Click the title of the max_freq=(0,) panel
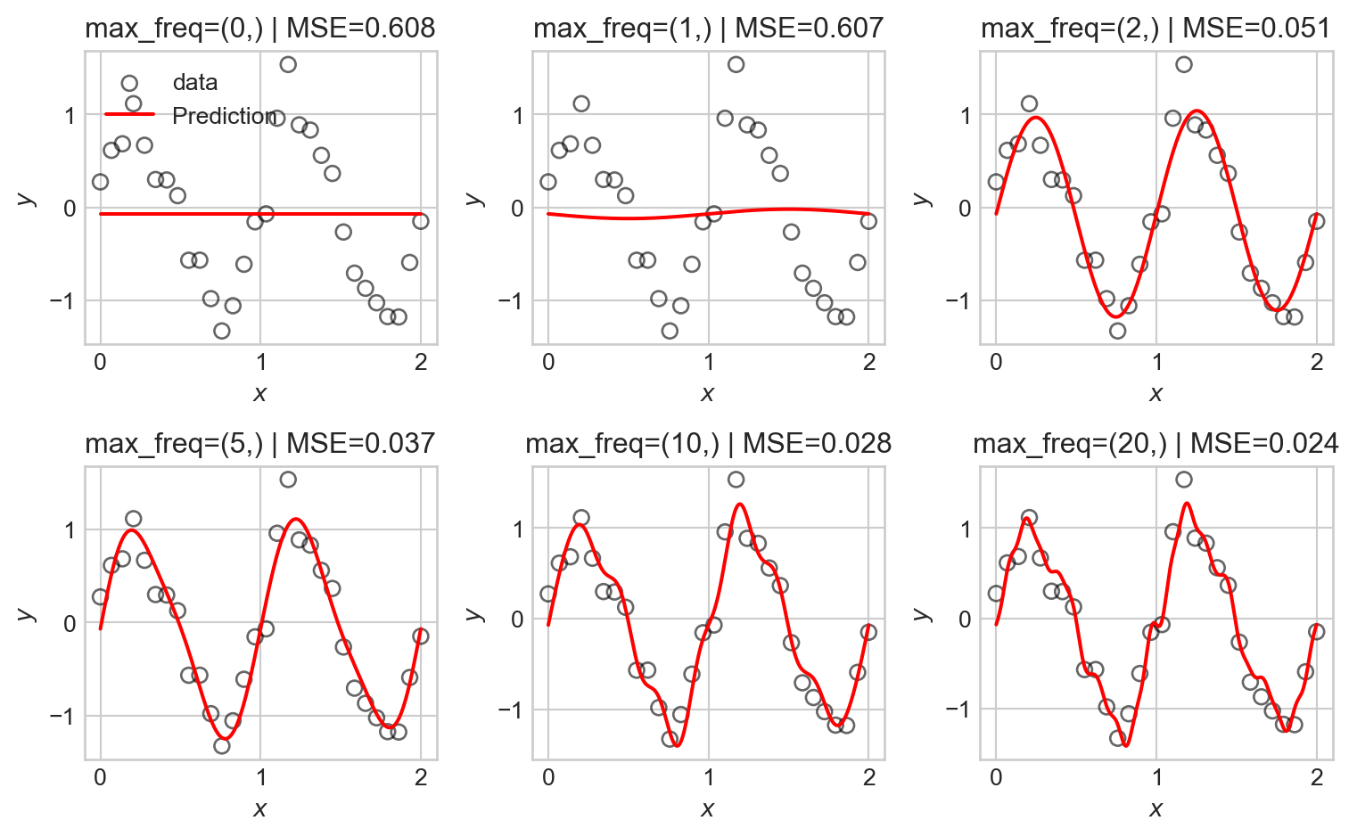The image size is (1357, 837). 260,29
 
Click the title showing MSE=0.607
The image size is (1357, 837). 708,29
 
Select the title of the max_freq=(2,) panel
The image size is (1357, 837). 1156,29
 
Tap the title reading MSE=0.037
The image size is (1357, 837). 260,443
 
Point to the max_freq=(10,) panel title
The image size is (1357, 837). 708,443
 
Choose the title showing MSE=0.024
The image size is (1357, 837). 1156,443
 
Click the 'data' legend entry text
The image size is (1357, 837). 195,83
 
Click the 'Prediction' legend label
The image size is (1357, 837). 224,116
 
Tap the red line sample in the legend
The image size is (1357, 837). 130,115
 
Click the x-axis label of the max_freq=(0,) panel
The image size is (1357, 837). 260,393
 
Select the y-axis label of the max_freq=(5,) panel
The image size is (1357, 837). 27,613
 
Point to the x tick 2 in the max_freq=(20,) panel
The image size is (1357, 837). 1317,778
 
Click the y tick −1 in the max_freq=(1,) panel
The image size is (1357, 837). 511,301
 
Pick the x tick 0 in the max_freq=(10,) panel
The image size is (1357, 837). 548,778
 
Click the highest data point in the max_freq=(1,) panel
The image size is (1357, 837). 736,64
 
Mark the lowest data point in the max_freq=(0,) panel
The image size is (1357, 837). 222,331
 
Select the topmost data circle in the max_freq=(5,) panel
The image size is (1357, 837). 288,480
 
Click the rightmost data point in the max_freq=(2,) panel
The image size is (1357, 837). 1316,221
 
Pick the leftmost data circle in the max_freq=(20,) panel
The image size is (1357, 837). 996,594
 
